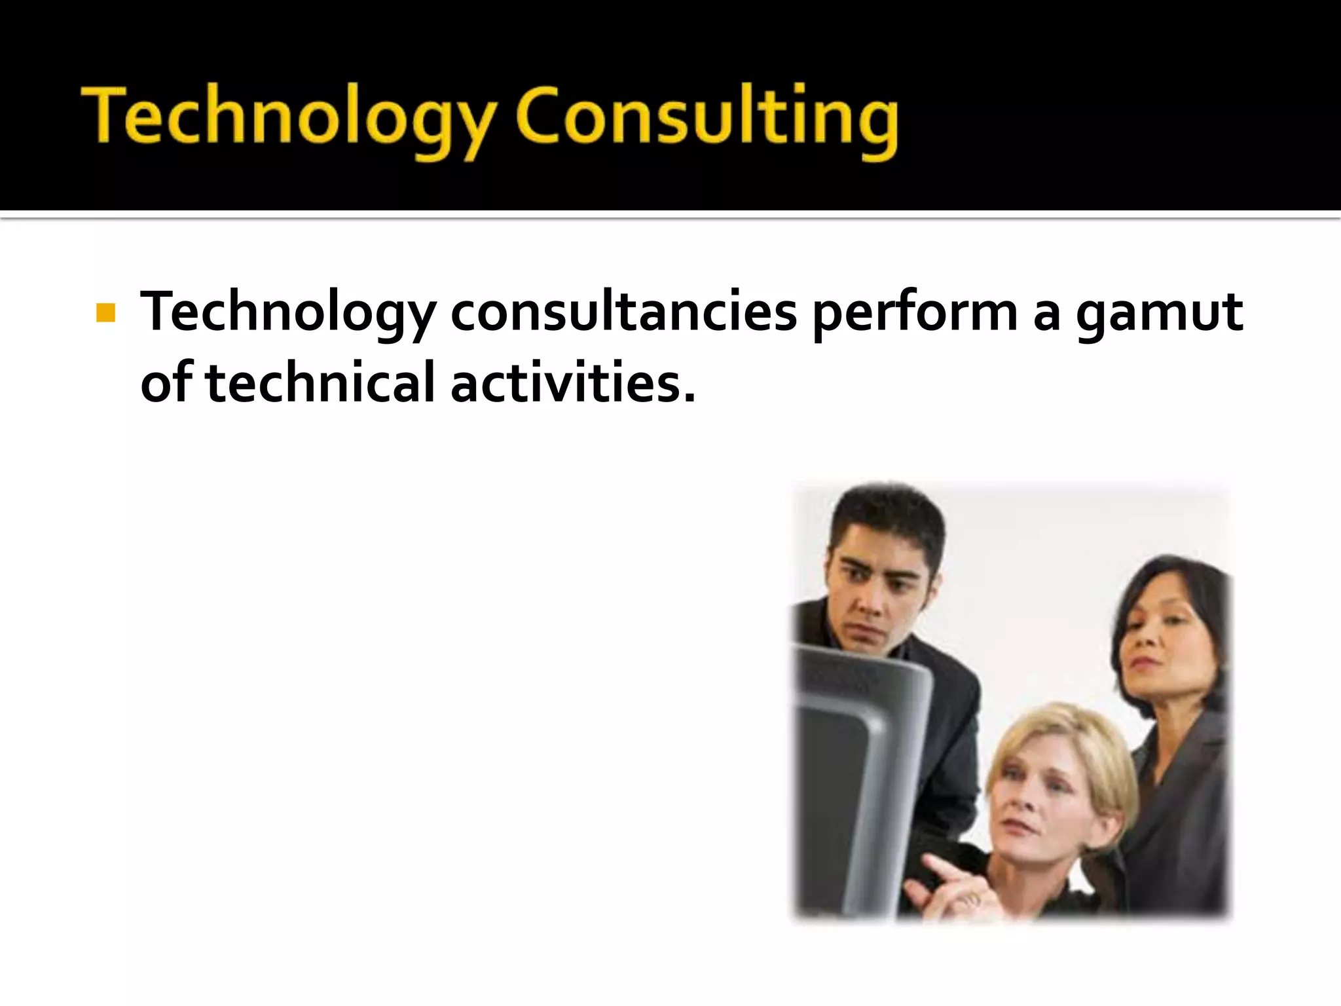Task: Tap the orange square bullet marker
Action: pyautogui.click(x=105, y=313)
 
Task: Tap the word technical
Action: pyautogui.click(x=320, y=383)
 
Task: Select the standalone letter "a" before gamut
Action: pyautogui.click(x=1046, y=314)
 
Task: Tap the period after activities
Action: pyautogui.click(x=689, y=397)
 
